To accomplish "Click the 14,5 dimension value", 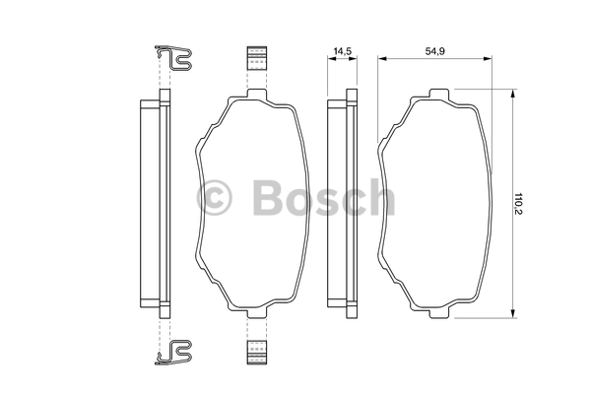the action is tap(342, 51).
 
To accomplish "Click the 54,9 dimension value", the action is tap(435, 51).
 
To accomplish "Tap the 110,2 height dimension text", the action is tap(519, 204).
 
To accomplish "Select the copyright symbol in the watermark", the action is tap(214, 198).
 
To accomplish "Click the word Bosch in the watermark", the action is tap(323, 197).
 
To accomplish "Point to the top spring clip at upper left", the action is tap(173, 58).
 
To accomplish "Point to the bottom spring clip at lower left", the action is tap(173, 353).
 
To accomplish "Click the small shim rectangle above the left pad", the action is tap(257, 58).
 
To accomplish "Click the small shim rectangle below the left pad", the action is tap(257, 353).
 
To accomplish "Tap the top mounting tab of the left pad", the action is tap(257, 94).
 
